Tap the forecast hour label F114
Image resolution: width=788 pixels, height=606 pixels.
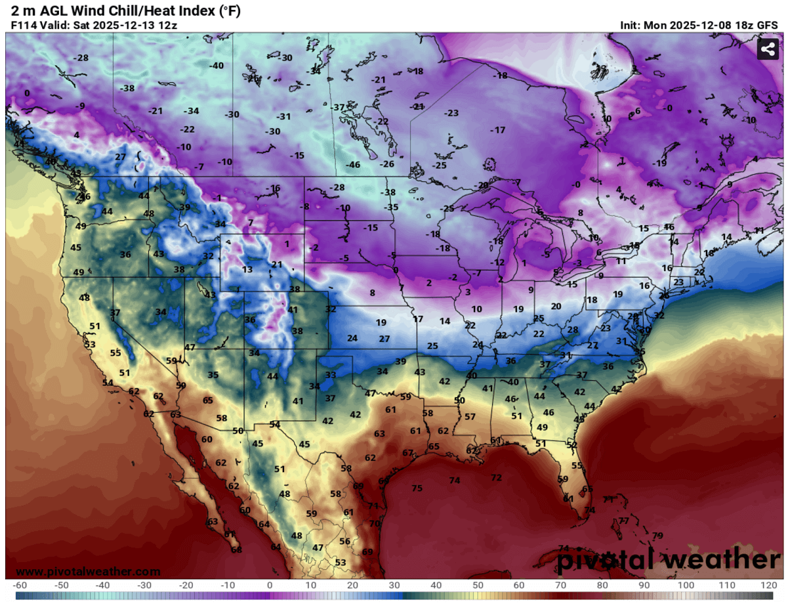pyautogui.click(x=24, y=25)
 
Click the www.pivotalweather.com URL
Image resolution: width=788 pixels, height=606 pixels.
pyautogui.click(x=87, y=572)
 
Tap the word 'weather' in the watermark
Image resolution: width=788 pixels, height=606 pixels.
pyautogui.click(x=723, y=560)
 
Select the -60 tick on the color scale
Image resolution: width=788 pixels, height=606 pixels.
pyautogui.click(x=20, y=585)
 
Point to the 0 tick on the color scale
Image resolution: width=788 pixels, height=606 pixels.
pyautogui.click(x=270, y=585)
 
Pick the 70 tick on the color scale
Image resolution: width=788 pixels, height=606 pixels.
pyautogui.click(x=561, y=585)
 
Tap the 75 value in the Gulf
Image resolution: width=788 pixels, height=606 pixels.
pyautogui.click(x=417, y=488)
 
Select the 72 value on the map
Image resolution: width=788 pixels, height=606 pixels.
pyautogui.click(x=496, y=477)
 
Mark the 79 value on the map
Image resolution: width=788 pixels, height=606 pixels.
pyautogui.click(x=657, y=536)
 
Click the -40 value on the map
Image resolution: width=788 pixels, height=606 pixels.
pyautogui.click(x=216, y=66)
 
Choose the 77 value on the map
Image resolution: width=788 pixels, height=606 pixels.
pyautogui.click(x=623, y=521)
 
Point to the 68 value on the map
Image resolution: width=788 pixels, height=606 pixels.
pyautogui.click(x=236, y=550)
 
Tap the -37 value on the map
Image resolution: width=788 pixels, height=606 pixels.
pyautogui.click(x=337, y=107)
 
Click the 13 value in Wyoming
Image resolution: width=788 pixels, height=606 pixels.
pyautogui.click(x=247, y=270)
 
